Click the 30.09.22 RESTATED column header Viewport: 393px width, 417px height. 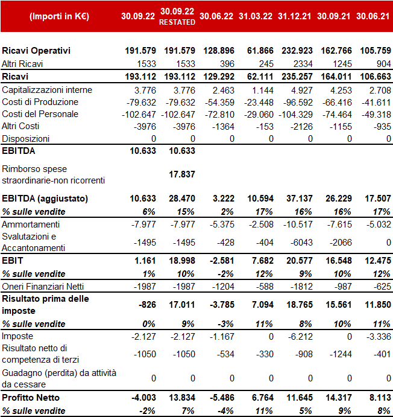(x=177, y=16)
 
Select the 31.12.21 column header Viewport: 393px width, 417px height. (x=295, y=16)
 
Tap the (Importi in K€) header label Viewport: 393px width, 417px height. (x=59, y=16)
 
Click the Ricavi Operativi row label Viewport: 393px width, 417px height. (x=36, y=51)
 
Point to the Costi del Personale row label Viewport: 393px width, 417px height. (x=40, y=114)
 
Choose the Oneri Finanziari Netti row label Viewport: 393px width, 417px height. (x=43, y=287)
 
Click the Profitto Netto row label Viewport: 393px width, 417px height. (x=31, y=398)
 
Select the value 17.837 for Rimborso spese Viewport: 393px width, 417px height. (x=182, y=174)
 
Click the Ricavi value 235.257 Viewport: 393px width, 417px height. (x=297, y=77)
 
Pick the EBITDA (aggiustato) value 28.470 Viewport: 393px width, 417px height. (x=182, y=199)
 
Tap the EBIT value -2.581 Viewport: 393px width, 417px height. (x=222, y=261)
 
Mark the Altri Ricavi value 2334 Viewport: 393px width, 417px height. (x=303, y=64)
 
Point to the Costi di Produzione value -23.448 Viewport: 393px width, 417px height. (x=259, y=103)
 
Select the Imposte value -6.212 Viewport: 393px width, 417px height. (x=300, y=336)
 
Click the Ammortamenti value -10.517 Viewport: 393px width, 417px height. (x=298, y=224)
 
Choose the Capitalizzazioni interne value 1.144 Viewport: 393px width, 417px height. (x=263, y=91)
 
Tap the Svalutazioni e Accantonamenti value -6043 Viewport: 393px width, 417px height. (x=301, y=243)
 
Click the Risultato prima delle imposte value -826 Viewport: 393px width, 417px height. (x=147, y=305)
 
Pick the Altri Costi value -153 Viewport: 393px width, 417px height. (x=265, y=127)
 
